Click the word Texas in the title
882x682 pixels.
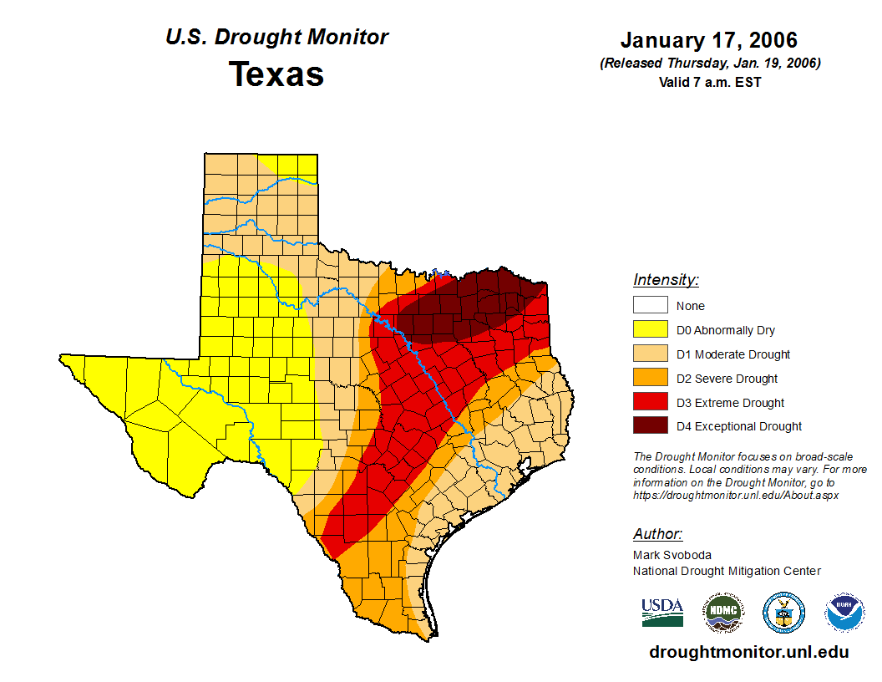click(x=276, y=74)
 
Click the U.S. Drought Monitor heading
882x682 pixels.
click(x=276, y=37)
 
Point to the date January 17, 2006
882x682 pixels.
click(x=708, y=40)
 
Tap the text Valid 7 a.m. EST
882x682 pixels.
click(x=709, y=81)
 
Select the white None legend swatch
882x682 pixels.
click(x=650, y=306)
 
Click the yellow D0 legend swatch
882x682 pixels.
click(x=650, y=330)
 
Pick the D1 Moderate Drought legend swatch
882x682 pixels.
click(x=650, y=354)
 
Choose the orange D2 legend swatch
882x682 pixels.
click(x=650, y=379)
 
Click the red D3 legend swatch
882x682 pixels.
click(x=650, y=403)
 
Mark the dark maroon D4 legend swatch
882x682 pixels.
click(x=650, y=426)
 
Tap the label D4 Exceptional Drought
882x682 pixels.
click(x=739, y=426)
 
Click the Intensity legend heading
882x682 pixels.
click(x=666, y=280)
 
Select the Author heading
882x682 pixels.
click(x=657, y=534)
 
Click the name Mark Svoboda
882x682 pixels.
click(x=672, y=555)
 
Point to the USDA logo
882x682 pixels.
click(x=662, y=612)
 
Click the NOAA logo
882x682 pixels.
click(x=844, y=613)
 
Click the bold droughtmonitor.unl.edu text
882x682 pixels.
click(x=749, y=652)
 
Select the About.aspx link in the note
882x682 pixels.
click(x=735, y=495)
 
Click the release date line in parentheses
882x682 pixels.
click(x=709, y=64)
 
